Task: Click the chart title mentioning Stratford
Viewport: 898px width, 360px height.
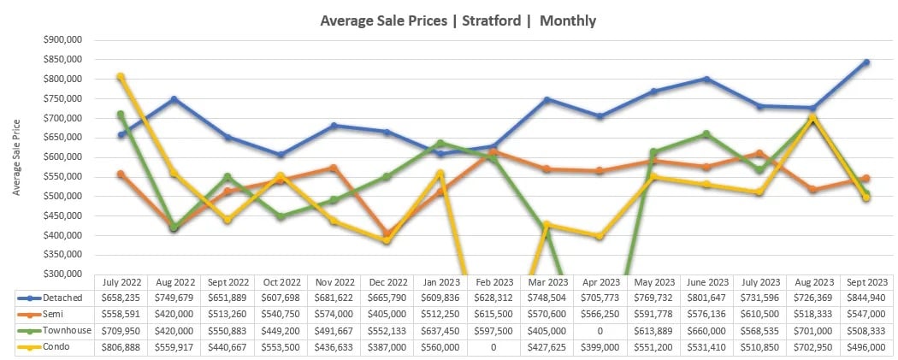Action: coord(458,20)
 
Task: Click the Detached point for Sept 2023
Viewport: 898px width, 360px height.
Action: coord(866,62)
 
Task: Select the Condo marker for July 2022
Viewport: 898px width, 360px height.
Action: coord(121,77)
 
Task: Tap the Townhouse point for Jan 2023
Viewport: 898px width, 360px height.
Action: coord(440,143)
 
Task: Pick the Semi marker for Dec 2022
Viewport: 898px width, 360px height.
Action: coord(387,233)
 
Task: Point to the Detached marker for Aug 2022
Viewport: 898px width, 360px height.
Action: coord(174,99)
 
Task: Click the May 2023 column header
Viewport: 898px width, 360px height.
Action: coord(653,281)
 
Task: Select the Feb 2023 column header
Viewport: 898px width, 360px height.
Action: coord(493,281)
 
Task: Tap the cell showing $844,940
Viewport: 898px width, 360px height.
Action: coord(866,298)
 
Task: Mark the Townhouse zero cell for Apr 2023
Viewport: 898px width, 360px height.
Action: coord(600,332)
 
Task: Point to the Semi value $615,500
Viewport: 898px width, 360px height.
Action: coord(493,315)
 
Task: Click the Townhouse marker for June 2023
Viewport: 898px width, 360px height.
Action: coord(706,134)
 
